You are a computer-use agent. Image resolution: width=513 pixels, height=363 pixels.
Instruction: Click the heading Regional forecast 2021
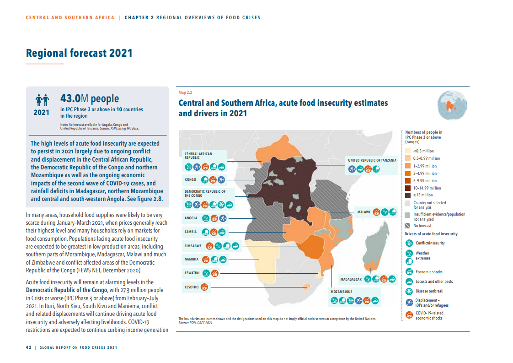point(79,53)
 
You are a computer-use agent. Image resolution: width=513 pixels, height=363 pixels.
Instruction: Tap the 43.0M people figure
point(90,98)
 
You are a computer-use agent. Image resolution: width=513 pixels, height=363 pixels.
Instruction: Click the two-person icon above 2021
point(42,99)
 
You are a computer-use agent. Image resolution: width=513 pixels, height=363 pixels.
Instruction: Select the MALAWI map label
point(364,212)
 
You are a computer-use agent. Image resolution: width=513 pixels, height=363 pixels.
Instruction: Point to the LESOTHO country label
point(191,287)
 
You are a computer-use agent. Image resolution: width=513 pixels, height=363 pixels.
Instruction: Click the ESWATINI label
point(192,273)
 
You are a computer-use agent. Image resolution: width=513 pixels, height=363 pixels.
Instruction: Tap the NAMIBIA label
point(192,260)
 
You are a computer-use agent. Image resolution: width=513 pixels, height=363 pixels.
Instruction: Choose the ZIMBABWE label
point(193,246)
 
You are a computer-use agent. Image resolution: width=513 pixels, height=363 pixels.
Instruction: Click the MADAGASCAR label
point(351,279)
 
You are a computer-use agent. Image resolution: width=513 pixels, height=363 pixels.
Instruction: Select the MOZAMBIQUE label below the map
point(342,291)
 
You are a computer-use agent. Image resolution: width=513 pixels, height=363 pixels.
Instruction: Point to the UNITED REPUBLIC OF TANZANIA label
point(372,160)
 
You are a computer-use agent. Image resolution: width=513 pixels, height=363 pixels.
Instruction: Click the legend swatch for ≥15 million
point(408,195)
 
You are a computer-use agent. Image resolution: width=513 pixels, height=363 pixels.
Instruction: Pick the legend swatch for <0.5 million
point(408,151)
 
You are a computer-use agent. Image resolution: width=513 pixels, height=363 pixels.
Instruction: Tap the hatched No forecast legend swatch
point(408,226)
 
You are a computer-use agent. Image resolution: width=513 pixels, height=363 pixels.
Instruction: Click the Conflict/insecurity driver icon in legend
point(409,243)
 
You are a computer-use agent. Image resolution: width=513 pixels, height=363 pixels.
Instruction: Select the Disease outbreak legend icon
point(409,291)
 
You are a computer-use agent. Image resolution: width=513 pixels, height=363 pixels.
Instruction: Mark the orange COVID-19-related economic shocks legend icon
point(409,315)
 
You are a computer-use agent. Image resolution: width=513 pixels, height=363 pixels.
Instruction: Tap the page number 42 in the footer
point(28,347)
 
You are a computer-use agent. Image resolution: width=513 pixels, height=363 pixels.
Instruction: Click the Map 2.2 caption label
point(185,92)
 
